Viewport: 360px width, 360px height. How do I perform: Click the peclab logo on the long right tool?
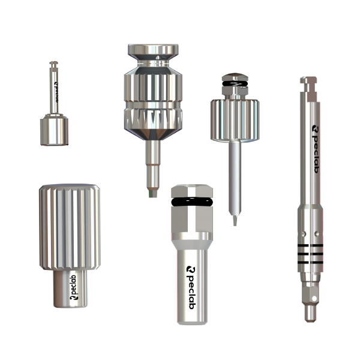click(x=316, y=149)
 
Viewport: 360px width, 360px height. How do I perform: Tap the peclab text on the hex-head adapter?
click(x=191, y=287)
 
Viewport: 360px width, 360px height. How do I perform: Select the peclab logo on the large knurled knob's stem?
click(x=74, y=287)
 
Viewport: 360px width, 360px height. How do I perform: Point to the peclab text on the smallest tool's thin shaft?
click(x=56, y=92)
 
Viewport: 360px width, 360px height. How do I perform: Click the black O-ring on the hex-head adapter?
click(x=192, y=202)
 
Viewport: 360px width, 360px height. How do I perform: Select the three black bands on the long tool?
click(x=310, y=254)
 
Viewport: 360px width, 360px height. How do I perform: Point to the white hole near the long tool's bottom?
click(x=314, y=298)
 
